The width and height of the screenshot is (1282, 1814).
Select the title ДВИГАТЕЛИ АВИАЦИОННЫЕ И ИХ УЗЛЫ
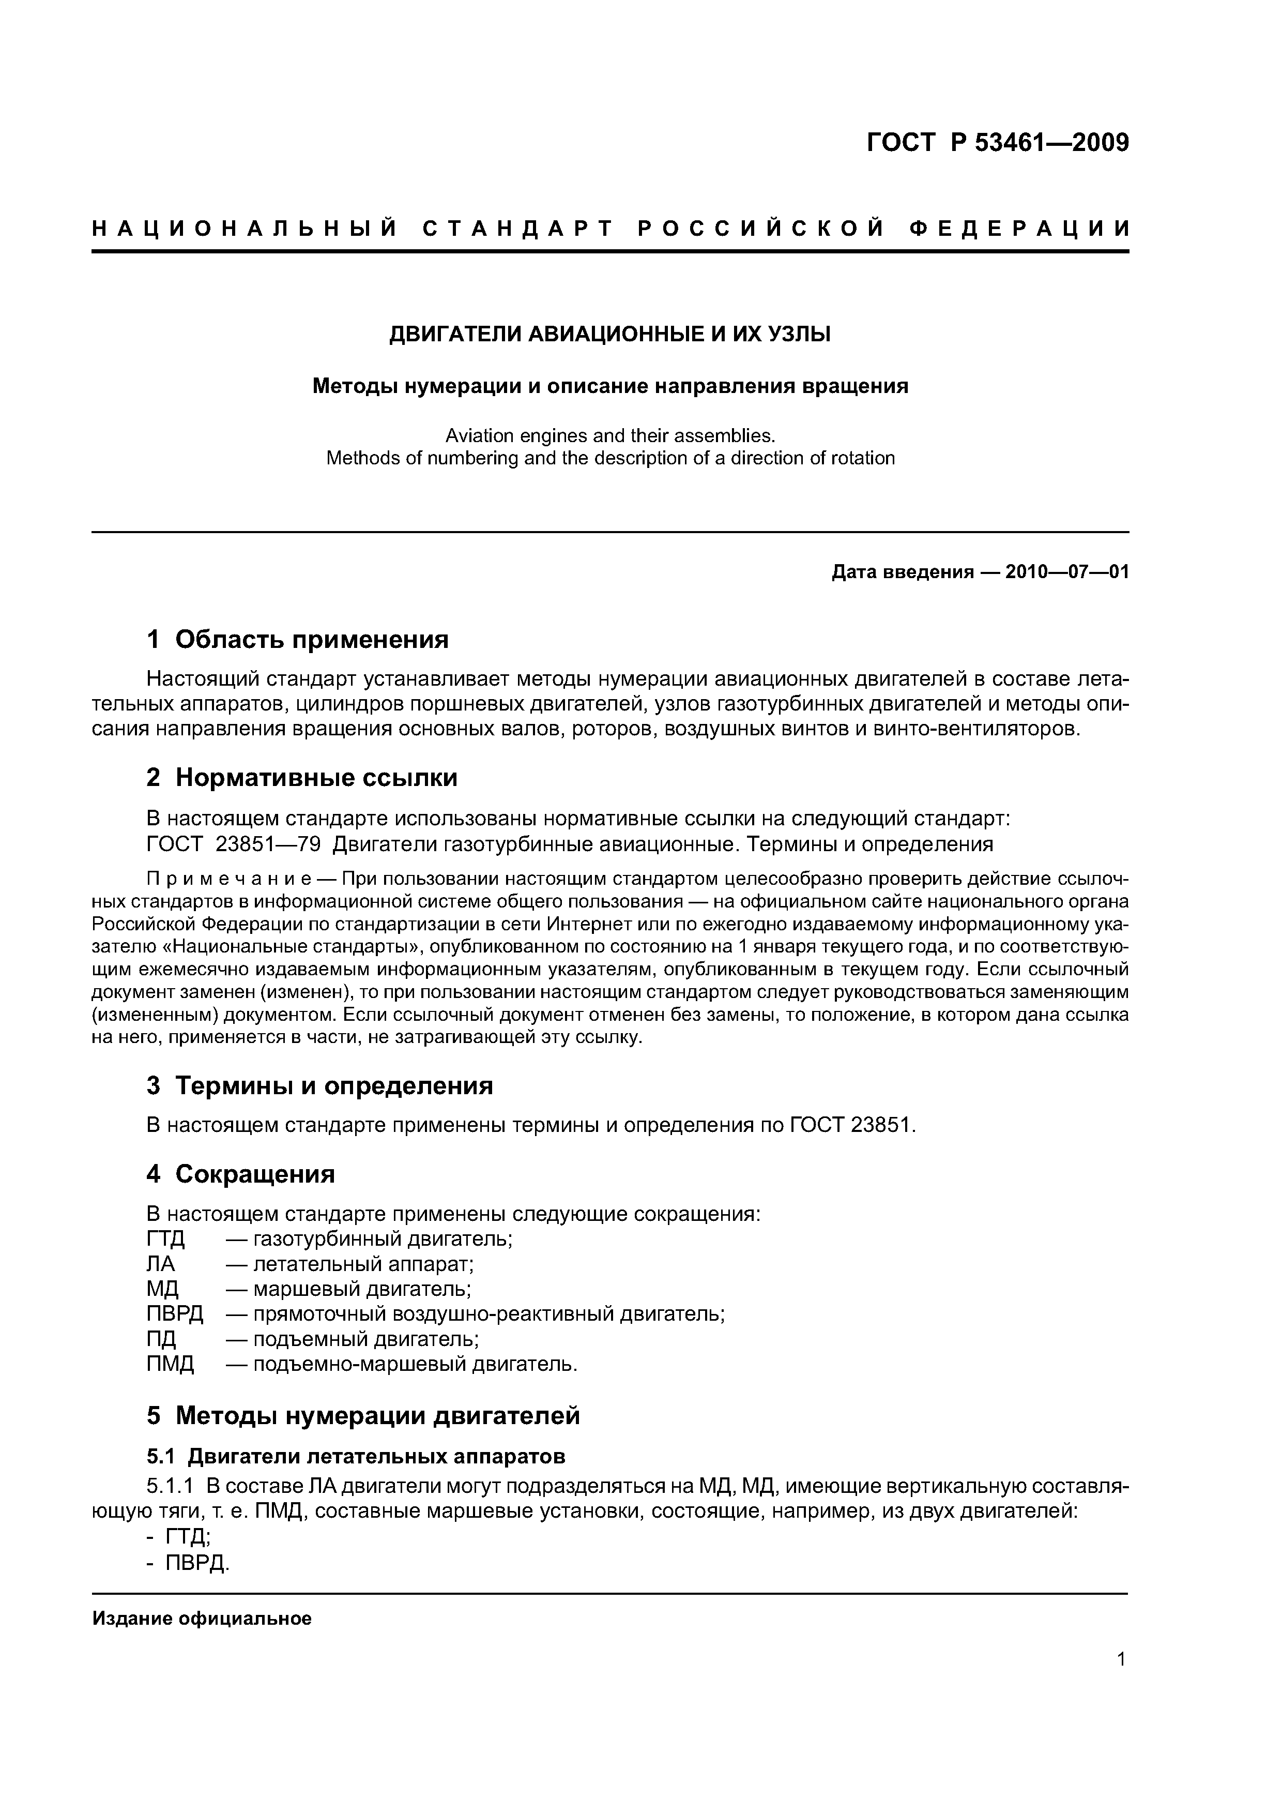(610, 335)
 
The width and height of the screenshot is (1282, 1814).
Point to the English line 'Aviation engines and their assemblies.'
(610, 435)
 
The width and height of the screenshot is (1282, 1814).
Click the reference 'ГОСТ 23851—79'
(234, 844)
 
